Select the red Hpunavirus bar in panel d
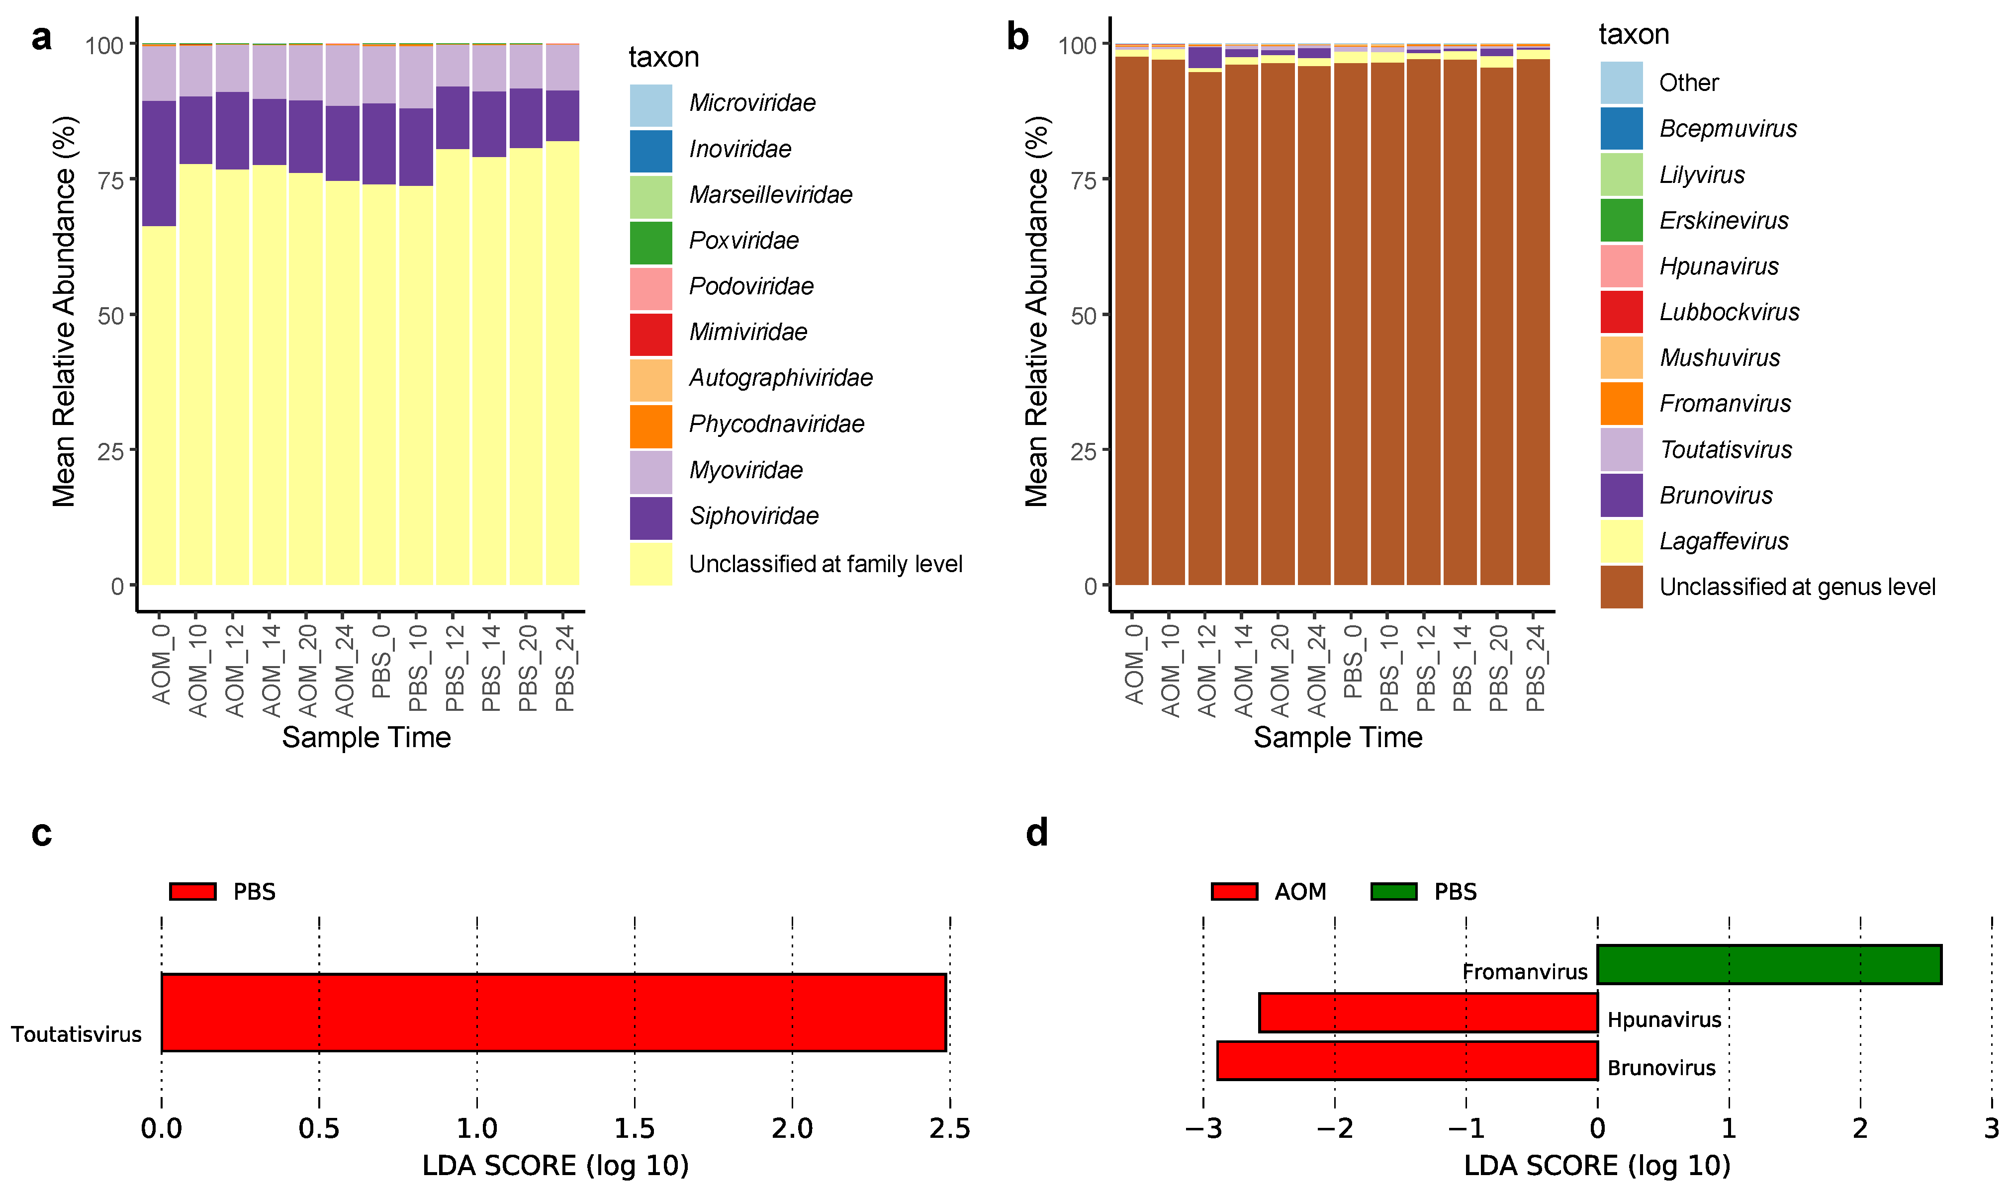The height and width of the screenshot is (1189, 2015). (1428, 1012)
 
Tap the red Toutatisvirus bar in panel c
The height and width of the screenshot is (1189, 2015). (553, 1012)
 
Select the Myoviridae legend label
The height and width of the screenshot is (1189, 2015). (745, 470)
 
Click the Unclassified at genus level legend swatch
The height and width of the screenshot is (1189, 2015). (1621, 587)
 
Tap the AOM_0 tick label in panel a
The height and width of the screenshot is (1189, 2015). (162, 665)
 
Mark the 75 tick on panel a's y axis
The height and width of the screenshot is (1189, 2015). (110, 180)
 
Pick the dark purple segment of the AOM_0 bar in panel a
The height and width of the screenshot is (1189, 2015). (159, 164)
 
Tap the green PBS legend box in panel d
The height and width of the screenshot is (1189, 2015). (1393, 892)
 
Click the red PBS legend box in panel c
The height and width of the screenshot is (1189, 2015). (192, 892)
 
